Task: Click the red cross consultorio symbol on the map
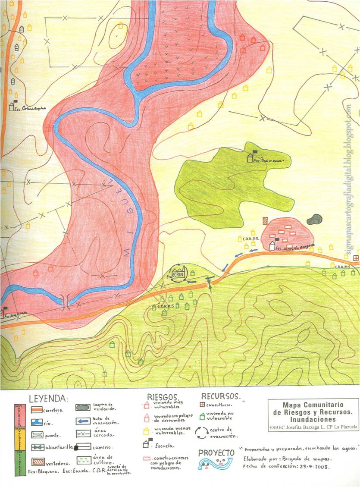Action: (355, 258)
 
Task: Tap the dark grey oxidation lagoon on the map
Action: (316, 220)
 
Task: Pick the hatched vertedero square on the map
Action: (265, 220)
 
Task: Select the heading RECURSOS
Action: (220, 396)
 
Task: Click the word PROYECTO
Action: (216, 452)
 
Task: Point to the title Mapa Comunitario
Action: (313, 405)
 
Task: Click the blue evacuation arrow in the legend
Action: (84, 421)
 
